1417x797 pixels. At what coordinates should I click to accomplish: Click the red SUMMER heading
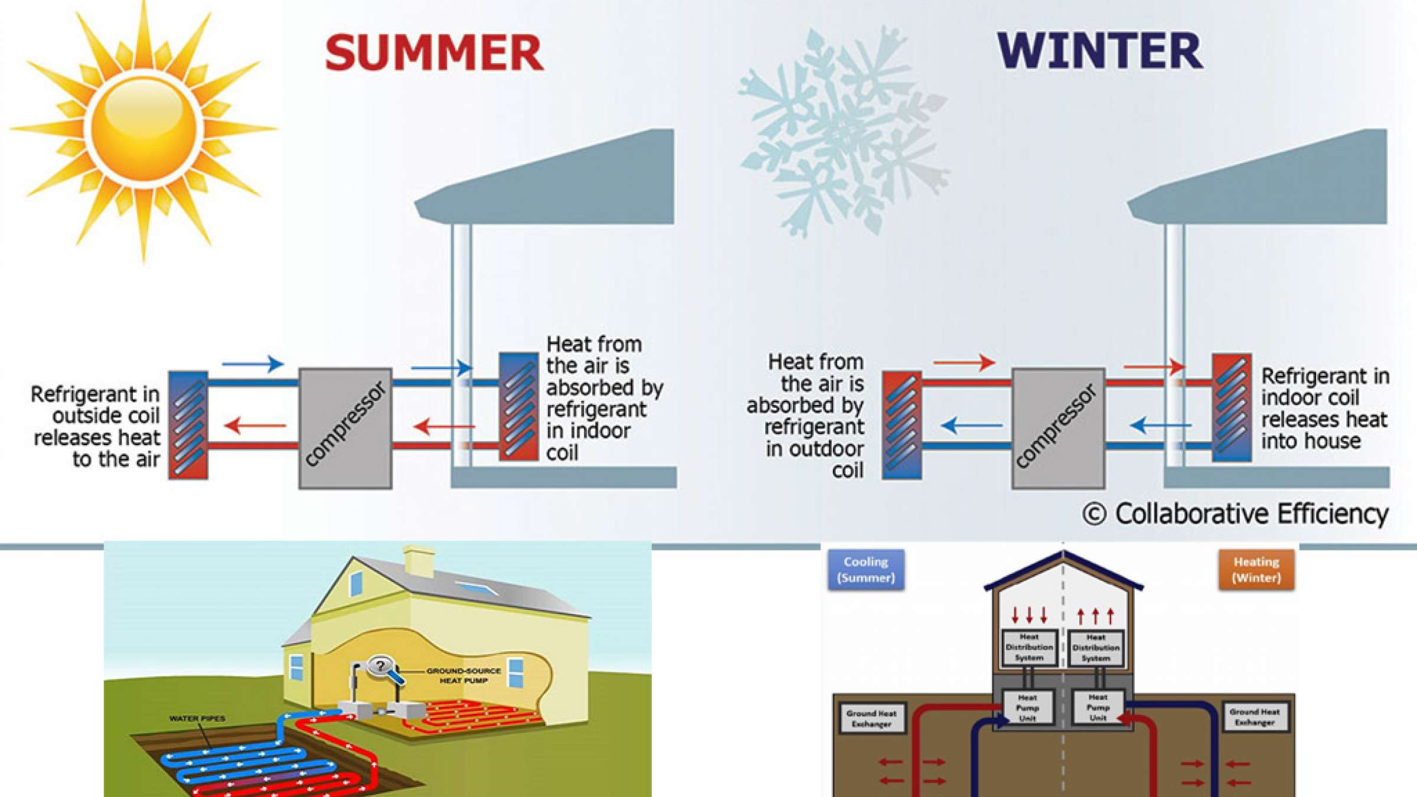[434, 53]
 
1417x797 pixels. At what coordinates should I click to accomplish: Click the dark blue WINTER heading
[1099, 51]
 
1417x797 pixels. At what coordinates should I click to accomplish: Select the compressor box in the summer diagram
[345, 429]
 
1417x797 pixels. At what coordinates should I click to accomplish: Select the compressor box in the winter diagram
[1058, 429]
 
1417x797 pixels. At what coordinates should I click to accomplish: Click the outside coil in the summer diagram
[188, 424]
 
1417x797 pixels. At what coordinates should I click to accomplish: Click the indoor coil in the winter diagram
[1232, 407]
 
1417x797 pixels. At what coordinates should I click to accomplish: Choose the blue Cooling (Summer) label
[866, 570]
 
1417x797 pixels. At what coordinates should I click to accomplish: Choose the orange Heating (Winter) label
[1256, 570]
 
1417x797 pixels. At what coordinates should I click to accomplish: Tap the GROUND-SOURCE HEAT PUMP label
[463, 676]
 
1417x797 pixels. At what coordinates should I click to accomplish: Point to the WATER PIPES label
[197, 718]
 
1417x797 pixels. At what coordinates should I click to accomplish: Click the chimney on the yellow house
[419, 561]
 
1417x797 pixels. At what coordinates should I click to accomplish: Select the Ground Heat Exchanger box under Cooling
[871, 718]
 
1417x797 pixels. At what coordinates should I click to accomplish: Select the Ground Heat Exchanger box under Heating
[1255, 717]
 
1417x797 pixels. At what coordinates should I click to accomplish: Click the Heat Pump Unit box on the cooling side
[1027, 707]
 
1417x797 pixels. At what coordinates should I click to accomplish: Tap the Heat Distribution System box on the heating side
[1096, 648]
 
